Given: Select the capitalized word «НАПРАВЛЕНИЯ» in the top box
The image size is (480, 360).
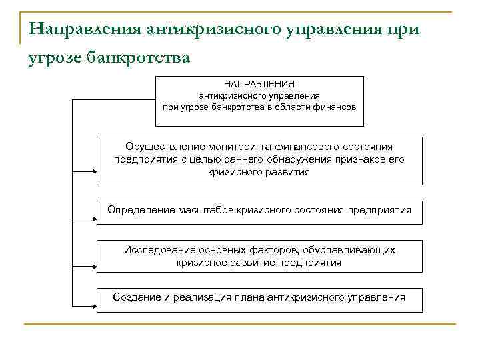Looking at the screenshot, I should (x=260, y=85).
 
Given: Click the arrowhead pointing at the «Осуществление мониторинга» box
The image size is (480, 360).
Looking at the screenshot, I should (x=93, y=171).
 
